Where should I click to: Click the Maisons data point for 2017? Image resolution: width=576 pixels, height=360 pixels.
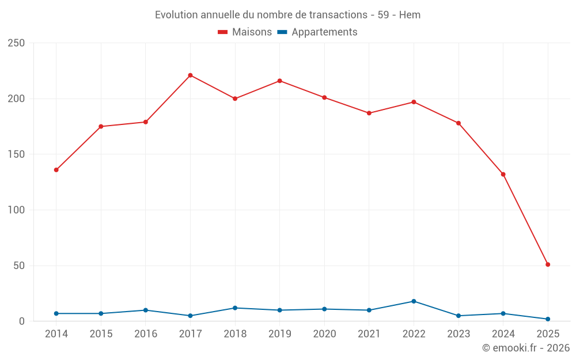pyautogui.click(x=190, y=75)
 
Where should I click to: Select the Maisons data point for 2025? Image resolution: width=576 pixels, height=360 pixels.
pyautogui.click(x=548, y=264)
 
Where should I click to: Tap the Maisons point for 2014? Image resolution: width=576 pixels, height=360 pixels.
pyautogui.click(x=56, y=170)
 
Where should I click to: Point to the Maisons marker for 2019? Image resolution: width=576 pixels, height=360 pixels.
pyautogui.click(x=279, y=81)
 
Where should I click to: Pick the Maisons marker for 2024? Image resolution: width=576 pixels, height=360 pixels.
pyautogui.click(x=503, y=174)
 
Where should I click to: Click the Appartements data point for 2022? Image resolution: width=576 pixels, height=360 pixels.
pyautogui.click(x=414, y=301)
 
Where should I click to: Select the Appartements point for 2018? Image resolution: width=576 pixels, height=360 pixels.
pyautogui.click(x=235, y=308)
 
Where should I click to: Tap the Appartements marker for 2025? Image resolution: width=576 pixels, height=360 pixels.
pyautogui.click(x=548, y=319)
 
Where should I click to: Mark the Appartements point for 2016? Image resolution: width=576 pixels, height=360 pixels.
pyautogui.click(x=146, y=310)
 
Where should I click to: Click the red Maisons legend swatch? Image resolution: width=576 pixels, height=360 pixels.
pyautogui.click(x=223, y=32)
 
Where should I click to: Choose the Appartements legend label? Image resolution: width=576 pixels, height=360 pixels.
pyautogui.click(x=324, y=32)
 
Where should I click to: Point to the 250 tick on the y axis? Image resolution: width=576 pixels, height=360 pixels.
pyautogui.click(x=16, y=43)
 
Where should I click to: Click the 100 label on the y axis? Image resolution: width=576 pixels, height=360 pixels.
pyautogui.click(x=16, y=210)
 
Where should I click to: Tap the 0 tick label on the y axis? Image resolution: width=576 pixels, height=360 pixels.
pyautogui.click(x=21, y=321)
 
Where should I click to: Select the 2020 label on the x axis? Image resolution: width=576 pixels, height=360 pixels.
pyautogui.click(x=324, y=334)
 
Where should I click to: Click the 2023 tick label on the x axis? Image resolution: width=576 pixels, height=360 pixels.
pyautogui.click(x=458, y=334)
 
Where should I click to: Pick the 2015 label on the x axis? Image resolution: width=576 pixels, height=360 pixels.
pyautogui.click(x=101, y=334)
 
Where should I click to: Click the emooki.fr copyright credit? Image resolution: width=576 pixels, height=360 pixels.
pyautogui.click(x=526, y=348)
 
